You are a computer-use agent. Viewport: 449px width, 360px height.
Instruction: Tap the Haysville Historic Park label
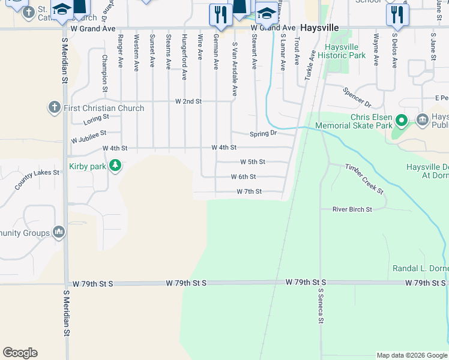click(x=345, y=51)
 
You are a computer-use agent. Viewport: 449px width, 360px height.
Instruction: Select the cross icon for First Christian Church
click(x=54, y=108)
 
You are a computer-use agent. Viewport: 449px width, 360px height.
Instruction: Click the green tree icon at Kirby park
click(x=114, y=166)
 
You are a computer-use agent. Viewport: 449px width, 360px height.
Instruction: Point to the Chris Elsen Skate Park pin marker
click(x=402, y=121)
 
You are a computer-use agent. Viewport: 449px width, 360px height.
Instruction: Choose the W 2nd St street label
click(x=188, y=101)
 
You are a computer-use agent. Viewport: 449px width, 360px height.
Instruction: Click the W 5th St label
click(x=252, y=162)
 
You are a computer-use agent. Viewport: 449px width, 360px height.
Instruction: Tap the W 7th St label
click(x=249, y=192)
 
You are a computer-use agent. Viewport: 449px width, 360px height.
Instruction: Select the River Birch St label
click(x=352, y=209)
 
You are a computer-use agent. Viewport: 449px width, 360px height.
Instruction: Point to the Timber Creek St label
click(x=364, y=178)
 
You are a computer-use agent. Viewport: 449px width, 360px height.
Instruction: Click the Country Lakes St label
click(x=38, y=180)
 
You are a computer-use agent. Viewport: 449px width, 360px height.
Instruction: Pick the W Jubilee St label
click(x=88, y=136)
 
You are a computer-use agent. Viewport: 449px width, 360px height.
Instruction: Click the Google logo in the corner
click(x=20, y=353)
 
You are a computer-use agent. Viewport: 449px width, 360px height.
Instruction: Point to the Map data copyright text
click(x=412, y=355)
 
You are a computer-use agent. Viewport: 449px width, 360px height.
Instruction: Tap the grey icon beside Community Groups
click(x=59, y=232)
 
